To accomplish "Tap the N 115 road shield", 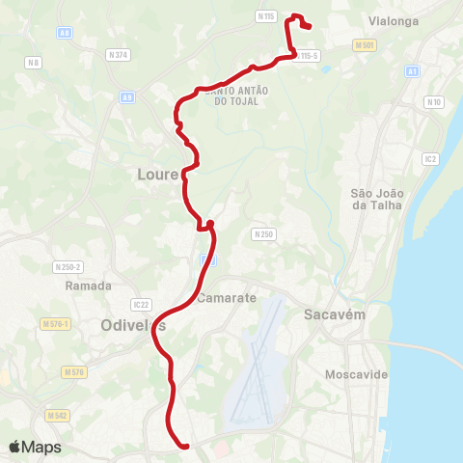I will [267, 16].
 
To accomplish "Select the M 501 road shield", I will [364, 45].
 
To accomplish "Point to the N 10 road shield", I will [433, 102].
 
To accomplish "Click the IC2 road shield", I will [430, 158].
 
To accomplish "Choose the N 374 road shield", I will [119, 55].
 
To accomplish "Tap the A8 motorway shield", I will [65, 33].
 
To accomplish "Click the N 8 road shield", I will [35, 63].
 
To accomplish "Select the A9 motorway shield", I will [127, 97].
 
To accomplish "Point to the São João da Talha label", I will [375, 199].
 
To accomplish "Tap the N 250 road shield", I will [263, 234].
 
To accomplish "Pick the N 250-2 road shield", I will [68, 266].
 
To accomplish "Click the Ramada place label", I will [89, 286].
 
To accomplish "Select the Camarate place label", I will [228, 298].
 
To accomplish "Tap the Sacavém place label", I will [332, 314].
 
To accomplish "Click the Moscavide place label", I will [357, 373].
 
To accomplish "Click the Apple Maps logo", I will [35, 447].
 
